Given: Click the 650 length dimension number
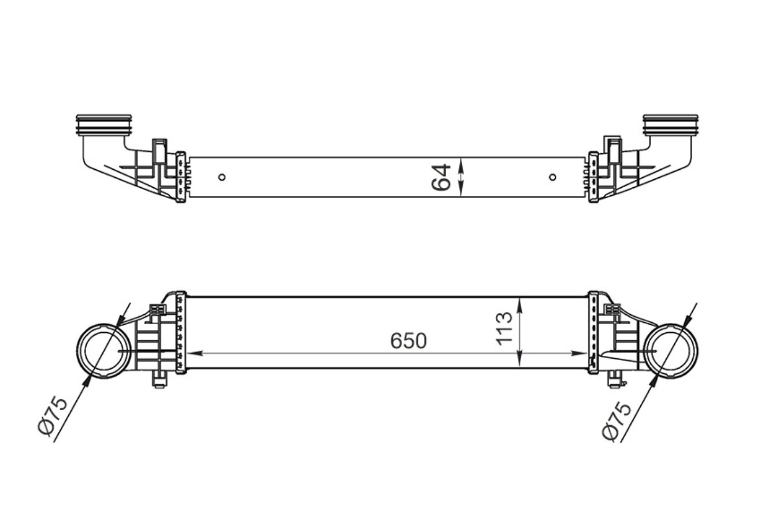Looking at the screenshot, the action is click(x=409, y=341).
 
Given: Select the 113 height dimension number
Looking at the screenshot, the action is click(x=504, y=329).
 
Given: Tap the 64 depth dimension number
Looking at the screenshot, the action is click(x=441, y=177).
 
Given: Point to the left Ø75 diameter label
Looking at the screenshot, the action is click(x=53, y=416).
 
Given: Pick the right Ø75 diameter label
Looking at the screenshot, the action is click(x=617, y=421).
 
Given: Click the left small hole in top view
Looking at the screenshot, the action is click(x=222, y=177).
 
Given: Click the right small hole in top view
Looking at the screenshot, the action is click(x=553, y=177).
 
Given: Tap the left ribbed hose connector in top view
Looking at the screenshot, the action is click(x=103, y=125).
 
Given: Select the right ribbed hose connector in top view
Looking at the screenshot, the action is click(x=671, y=125).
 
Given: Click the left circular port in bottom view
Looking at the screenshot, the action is click(x=103, y=351).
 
